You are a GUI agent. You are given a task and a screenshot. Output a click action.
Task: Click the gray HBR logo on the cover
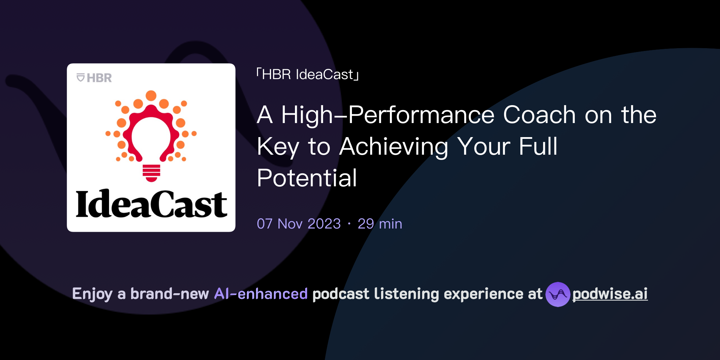point(94,78)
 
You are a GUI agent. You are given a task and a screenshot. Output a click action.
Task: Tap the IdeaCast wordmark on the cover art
point(151,204)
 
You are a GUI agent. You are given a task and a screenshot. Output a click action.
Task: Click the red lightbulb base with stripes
point(152,173)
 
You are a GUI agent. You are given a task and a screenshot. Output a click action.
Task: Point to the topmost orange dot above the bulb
point(151,95)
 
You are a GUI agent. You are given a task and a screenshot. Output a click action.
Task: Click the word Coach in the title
point(539,115)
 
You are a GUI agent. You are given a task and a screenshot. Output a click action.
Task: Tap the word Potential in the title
point(307,178)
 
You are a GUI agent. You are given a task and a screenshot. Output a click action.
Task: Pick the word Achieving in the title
point(394,147)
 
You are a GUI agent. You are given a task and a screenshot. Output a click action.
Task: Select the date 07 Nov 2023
point(299,224)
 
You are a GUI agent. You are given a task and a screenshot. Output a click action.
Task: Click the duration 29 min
point(380,224)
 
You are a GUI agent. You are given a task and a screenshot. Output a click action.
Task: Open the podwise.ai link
point(610,294)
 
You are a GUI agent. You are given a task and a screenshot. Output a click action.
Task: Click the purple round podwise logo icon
point(558,294)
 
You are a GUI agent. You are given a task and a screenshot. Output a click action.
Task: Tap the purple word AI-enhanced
point(261,294)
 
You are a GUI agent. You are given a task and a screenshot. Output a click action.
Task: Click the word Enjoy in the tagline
point(92,294)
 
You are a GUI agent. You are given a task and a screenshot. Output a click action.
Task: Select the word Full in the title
point(538,147)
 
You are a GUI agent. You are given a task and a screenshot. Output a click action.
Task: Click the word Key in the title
point(278,147)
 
